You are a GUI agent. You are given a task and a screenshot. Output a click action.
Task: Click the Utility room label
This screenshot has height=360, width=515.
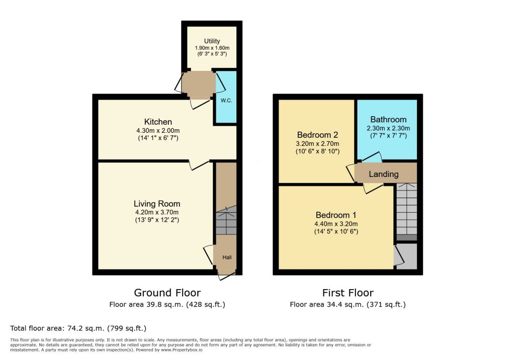pos(212,41)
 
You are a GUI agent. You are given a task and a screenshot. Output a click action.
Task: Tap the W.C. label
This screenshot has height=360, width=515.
pos(226,101)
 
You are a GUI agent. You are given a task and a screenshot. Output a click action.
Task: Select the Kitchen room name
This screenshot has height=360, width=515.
pos(158,122)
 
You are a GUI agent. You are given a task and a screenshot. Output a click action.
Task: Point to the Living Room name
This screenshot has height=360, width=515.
pos(157,204)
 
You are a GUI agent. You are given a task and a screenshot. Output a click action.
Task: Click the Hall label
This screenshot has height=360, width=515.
pos(227,257)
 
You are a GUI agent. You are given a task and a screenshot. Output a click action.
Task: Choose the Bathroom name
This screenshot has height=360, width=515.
pos(388,120)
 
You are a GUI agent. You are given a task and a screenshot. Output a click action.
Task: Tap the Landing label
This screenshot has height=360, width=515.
pos(384,174)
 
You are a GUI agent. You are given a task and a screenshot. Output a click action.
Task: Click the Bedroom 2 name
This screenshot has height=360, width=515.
pos(318,135)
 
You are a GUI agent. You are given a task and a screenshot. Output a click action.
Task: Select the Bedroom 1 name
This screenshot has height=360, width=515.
pos(336,215)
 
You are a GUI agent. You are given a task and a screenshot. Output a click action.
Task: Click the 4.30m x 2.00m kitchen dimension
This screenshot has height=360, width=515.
pos(158,131)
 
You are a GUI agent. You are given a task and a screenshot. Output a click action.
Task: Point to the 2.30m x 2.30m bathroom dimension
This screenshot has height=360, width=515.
pos(388,128)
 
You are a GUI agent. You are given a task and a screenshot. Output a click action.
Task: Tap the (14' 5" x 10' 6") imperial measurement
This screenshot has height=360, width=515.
pos(336,232)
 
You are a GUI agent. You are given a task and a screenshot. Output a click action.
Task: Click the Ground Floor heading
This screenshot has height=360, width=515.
pos(167,293)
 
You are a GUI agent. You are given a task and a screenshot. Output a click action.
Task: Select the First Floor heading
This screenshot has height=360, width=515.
pos(348,293)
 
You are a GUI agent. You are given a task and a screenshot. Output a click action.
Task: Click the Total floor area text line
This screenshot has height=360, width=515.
pos(78,328)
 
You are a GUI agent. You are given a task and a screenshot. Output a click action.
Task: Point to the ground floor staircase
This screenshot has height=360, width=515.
pos(226,220)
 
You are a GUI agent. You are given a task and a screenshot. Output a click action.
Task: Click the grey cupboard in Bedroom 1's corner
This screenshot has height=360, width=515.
pos(406,256)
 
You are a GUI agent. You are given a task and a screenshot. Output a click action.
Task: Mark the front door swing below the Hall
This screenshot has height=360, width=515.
pos(227,276)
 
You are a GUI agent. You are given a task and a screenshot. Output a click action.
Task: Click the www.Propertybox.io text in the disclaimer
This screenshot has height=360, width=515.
pos(182,350)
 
